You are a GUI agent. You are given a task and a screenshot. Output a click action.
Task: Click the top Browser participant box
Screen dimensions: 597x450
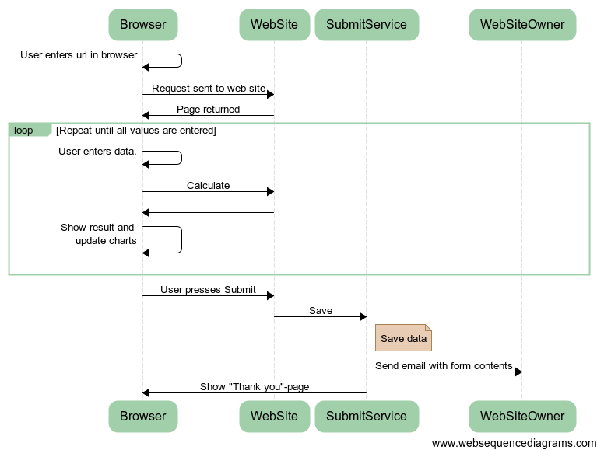click(143, 25)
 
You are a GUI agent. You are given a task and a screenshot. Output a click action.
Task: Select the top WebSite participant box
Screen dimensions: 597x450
click(275, 25)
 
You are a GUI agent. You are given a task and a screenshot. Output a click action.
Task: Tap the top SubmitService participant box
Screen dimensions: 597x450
click(367, 25)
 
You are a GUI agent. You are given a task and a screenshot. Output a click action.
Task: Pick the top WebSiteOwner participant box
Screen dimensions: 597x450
click(522, 25)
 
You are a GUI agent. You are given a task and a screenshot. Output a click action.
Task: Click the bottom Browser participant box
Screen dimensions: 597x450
click(143, 416)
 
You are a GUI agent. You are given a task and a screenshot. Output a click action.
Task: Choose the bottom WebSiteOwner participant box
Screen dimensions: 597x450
click(522, 416)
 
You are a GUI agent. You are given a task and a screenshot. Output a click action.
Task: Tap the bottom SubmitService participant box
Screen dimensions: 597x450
click(367, 416)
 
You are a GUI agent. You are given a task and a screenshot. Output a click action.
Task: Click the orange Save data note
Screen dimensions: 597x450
click(404, 337)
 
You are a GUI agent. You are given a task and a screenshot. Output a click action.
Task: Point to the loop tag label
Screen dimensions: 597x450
click(23, 131)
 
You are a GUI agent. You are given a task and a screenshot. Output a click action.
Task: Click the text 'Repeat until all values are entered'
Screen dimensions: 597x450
click(136, 131)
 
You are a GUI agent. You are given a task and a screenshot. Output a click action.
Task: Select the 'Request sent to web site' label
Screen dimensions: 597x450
click(209, 88)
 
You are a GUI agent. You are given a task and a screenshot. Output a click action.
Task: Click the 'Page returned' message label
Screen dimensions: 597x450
click(209, 110)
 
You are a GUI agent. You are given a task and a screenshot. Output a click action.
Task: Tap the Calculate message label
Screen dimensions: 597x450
click(209, 186)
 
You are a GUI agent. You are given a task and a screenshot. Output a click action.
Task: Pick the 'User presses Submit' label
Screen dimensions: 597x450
click(208, 290)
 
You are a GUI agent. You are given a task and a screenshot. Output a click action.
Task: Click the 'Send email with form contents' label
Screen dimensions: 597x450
click(444, 365)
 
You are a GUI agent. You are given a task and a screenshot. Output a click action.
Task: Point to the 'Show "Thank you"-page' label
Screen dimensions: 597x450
click(255, 387)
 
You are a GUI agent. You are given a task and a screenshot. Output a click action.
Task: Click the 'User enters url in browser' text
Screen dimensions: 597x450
click(79, 55)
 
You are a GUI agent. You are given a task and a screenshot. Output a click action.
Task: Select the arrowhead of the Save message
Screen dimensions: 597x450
click(363, 316)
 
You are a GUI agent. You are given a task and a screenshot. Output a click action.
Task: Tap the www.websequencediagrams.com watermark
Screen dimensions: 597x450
click(514, 443)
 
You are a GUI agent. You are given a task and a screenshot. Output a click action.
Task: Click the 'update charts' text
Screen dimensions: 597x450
click(106, 241)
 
